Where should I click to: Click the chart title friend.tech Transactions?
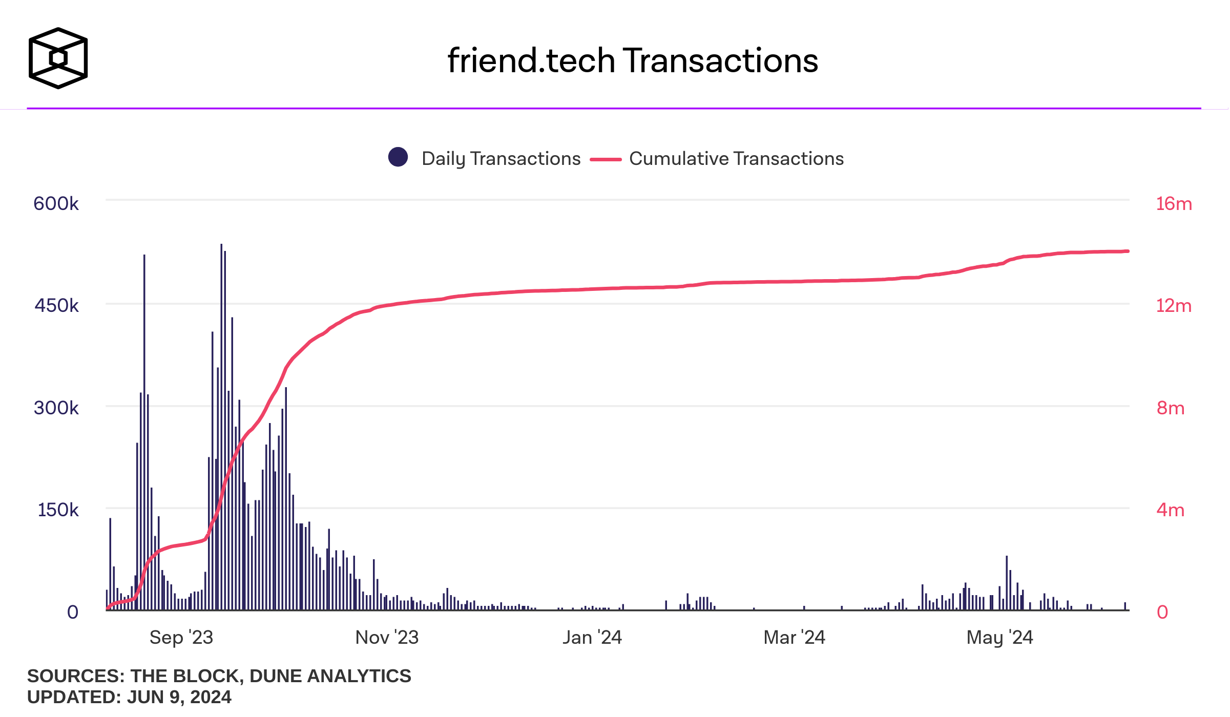pos(633,60)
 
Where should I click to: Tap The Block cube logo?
pos(58,58)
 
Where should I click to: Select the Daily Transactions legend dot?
pos(398,157)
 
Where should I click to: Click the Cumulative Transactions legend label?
pos(736,159)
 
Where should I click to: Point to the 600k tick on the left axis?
pos(56,204)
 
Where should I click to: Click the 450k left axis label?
pos(56,306)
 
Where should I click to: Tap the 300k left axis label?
pos(56,408)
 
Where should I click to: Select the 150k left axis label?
pos(58,510)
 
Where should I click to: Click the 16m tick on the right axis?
pos(1174,204)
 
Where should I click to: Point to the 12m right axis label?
pos(1174,306)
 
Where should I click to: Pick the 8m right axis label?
pos(1171,408)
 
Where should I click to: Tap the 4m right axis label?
pos(1171,510)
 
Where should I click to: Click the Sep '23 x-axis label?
pos(181,638)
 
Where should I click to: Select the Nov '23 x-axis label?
pos(387,638)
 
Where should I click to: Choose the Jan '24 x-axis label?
pos(592,638)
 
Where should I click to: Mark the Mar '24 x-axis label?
pos(794,638)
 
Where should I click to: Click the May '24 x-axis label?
pos(999,638)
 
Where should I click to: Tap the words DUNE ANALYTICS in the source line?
pos(330,676)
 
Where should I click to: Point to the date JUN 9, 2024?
pos(179,697)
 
